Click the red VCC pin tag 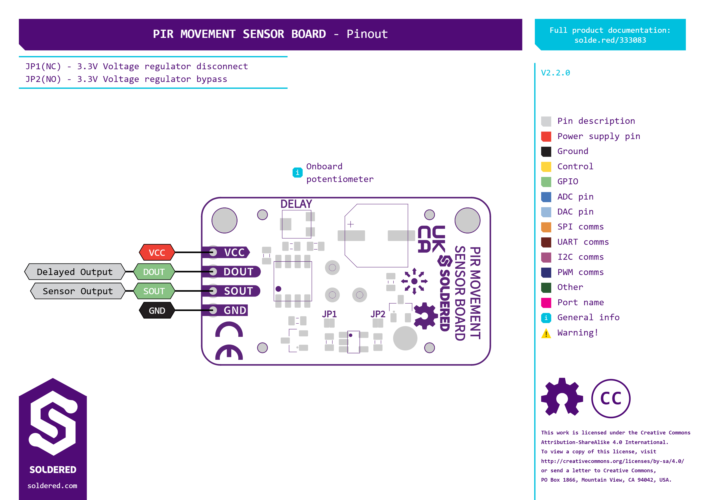tap(157, 252)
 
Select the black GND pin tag tap(157, 310)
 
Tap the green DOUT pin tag tap(154, 272)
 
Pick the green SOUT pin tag tap(154, 291)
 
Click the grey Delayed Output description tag tap(75, 272)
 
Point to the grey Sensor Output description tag tap(78, 291)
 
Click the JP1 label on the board tap(329, 314)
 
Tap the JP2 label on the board tap(378, 314)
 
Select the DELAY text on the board tap(296, 204)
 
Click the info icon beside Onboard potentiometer tap(297, 173)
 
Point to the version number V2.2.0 tap(555, 73)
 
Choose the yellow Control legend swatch tap(546, 166)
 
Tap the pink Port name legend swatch tap(546, 303)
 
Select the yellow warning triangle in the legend tap(546, 333)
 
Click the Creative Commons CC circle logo tap(611, 399)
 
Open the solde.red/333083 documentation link tap(610, 40)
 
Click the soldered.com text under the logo tap(52, 486)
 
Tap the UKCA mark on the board tap(431, 239)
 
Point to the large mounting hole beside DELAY tap(224, 220)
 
